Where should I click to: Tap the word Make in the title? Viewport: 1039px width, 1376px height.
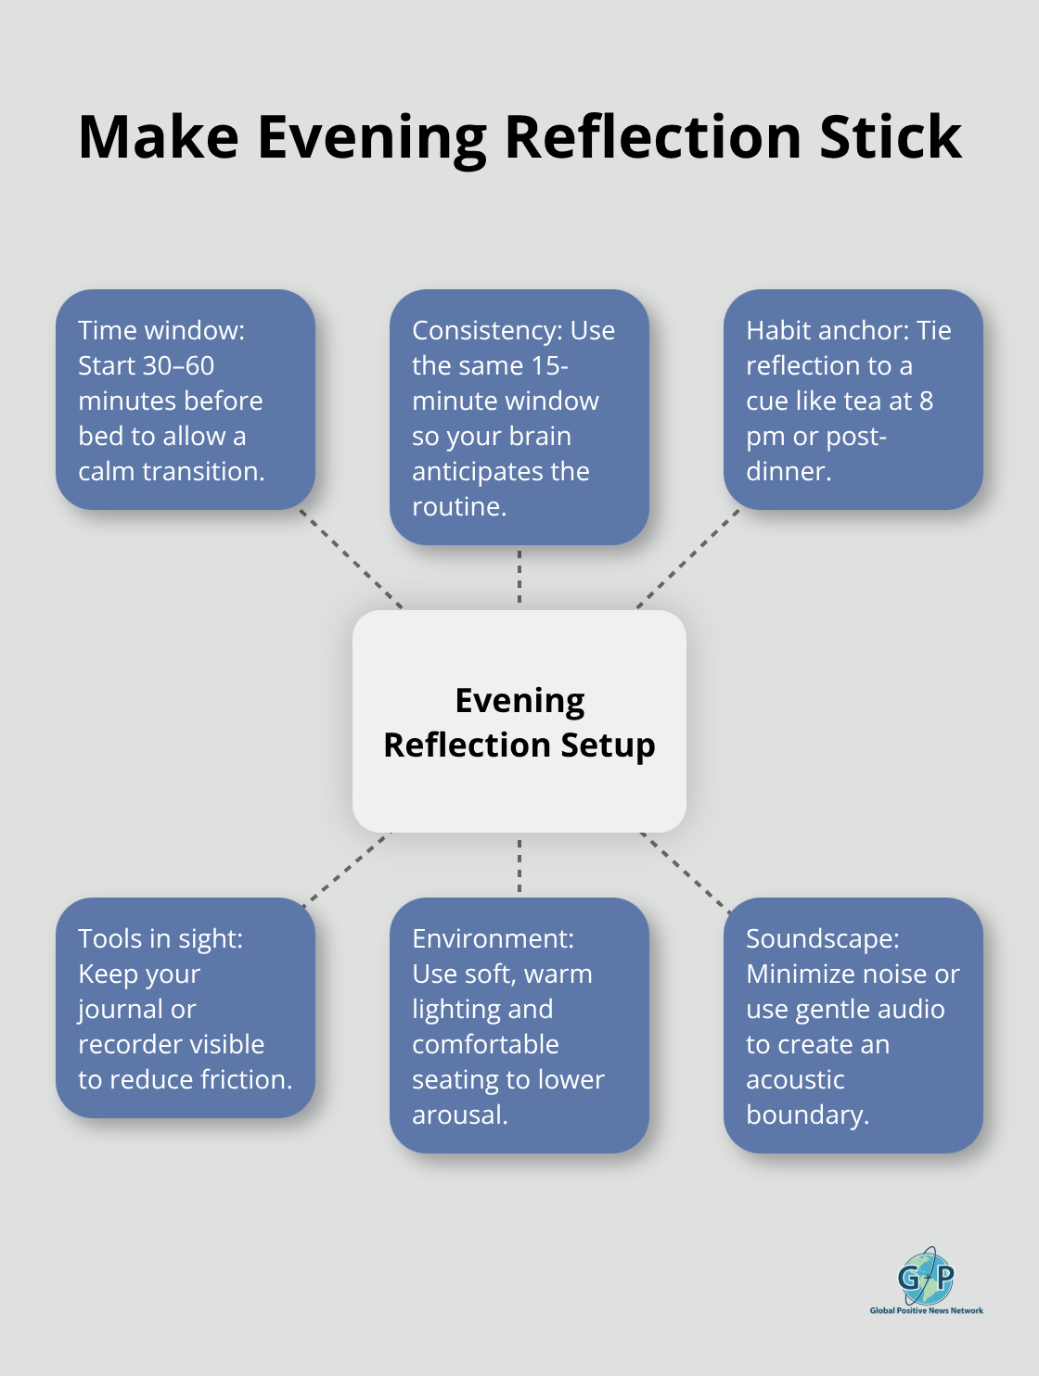coord(159,137)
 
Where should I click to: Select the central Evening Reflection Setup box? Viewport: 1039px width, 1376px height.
coord(519,721)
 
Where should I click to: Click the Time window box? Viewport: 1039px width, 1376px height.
coord(186,400)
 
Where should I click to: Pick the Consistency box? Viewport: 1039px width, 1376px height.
coord(519,417)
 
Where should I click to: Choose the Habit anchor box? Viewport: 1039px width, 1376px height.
coord(853,400)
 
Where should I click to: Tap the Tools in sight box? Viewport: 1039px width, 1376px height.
coord(186,1008)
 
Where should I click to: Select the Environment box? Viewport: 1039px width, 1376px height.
coord(519,1026)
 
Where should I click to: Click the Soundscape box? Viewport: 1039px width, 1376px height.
coord(853,1026)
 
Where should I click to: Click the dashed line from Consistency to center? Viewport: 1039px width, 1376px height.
coord(519,577)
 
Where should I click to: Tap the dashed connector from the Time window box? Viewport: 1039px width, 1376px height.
coord(352,559)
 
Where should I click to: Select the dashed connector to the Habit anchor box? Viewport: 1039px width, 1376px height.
coord(687,559)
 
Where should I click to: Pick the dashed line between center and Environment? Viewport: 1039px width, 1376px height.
coord(519,865)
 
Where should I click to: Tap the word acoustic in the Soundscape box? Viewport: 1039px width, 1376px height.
coord(795,1079)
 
